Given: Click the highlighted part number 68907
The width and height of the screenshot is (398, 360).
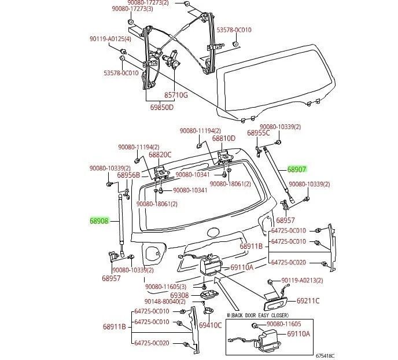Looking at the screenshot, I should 297,170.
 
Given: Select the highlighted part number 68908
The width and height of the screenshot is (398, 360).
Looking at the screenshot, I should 99,221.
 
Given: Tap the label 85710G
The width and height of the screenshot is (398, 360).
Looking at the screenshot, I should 176,95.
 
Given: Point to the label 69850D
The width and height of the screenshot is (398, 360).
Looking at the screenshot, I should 162,107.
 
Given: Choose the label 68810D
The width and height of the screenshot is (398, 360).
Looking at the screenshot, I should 223,139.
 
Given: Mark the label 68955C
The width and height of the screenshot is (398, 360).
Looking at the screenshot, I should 259,133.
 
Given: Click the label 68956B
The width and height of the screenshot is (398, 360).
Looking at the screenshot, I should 128,175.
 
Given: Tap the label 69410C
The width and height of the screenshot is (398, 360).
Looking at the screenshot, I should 211,325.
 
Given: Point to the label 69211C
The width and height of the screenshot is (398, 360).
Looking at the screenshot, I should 308,301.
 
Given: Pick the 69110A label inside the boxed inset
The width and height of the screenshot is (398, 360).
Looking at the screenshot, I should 298,334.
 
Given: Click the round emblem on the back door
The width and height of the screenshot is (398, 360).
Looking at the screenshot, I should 213,233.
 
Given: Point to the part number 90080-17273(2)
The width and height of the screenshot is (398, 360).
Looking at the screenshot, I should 132,3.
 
